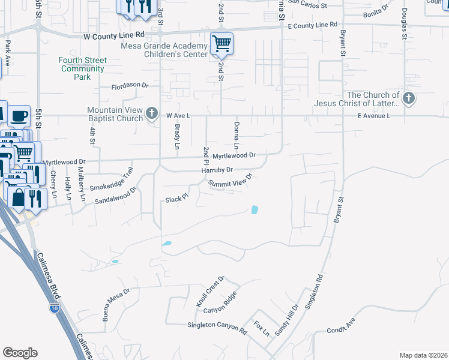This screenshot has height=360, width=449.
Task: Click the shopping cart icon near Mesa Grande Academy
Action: [x=222, y=43]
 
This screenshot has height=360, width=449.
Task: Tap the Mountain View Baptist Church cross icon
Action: [x=152, y=113]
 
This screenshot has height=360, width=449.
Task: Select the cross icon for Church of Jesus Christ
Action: [x=409, y=98]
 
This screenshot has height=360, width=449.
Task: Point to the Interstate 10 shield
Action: [x=54, y=308]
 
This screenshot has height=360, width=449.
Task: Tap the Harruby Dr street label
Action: [x=216, y=170]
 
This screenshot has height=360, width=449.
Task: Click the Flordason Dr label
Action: [x=129, y=86]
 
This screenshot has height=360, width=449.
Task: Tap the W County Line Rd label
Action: [x=113, y=36]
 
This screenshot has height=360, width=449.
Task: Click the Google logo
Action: [x=20, y=353]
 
